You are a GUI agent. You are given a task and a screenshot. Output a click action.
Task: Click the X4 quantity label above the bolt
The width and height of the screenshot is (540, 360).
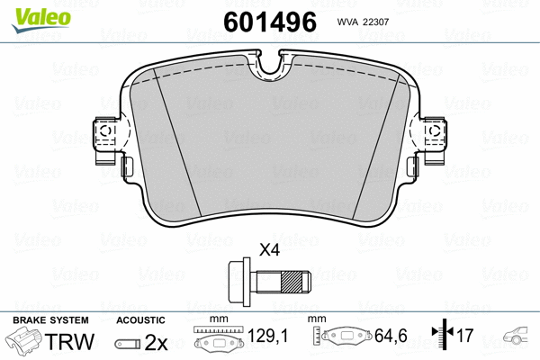point(269,250)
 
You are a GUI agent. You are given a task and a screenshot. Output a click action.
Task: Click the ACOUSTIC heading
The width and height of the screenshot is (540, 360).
point(140,320)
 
